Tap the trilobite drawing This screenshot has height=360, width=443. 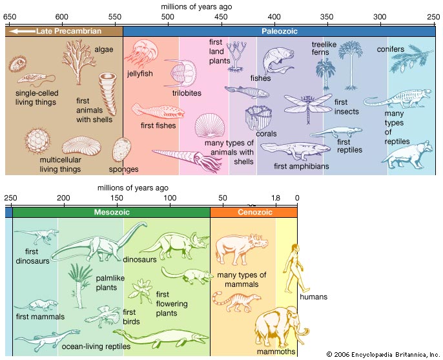pos(181,73)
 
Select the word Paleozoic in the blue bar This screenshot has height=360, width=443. pos(280,31)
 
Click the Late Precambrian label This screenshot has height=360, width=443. pos(68,31)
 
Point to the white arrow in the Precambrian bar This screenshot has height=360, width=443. pos(22,31)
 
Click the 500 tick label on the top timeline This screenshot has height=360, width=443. pos(167,17)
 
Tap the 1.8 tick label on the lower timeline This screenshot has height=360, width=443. pos(276,198)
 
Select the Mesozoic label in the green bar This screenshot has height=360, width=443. pos(112,212)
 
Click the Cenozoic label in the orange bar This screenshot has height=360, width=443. pos(255,212)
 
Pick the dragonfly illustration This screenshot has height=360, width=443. pos(308,107)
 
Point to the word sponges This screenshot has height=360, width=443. pos(124,169)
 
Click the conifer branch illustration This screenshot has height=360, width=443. pos(411,59)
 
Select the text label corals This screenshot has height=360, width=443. pos(266,134)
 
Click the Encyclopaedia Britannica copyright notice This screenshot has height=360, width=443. pos(383,354)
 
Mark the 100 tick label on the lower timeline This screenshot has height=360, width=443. pos(170,198)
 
